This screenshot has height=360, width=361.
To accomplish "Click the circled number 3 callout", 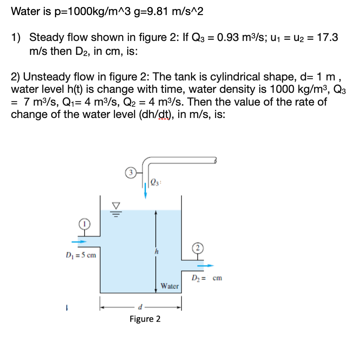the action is (x=129, y=174).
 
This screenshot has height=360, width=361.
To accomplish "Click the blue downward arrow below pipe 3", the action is (x=146, y=189).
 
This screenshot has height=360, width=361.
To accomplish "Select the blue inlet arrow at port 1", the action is (x=79, y=242).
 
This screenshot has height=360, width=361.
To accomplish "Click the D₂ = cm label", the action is (x=206, y=278).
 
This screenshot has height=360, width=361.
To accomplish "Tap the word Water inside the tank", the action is (x=170, y=286).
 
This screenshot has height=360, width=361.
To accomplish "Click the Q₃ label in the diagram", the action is (x=155, y=183).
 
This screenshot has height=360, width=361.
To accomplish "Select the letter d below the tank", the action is (x=140, y=308).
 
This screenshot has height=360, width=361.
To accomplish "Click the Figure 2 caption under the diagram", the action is (x=145, y=319).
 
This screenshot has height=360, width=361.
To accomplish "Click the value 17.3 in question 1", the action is (x=327, y=38).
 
